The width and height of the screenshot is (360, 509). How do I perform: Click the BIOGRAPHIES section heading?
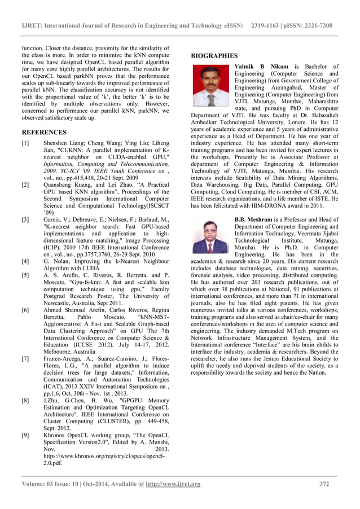coord(214,56)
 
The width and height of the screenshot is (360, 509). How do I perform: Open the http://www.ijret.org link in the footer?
coord(173,484)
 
